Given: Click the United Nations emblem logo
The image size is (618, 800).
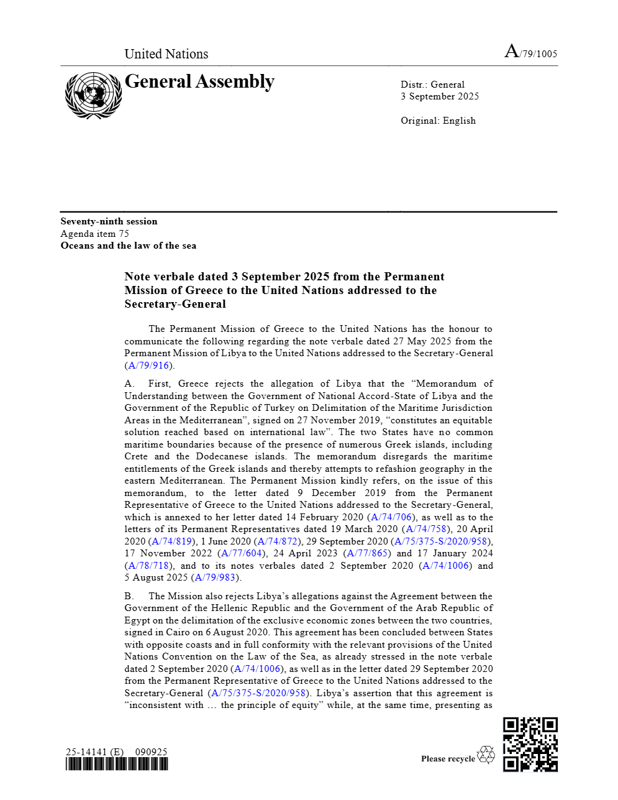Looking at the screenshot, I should (93, 95).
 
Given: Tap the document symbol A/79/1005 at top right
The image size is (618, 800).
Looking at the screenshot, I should (531, 52).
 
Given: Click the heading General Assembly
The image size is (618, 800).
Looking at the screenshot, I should (199, 82).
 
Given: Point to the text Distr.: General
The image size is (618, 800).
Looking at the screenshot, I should (432, 85).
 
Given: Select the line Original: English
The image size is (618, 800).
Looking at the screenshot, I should (438, 121).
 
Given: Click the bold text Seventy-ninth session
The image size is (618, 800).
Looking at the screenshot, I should (109, 221).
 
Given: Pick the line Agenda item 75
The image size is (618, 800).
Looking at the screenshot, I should (94, 234).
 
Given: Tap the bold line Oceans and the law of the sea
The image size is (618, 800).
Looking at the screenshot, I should (128, 246).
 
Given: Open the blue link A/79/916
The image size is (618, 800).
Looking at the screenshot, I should (148, 366).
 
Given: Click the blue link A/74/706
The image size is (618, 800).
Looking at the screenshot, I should (391, 517).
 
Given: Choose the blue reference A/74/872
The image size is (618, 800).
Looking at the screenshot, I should (277, 541).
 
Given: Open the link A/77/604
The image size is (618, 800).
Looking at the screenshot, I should (242, 553).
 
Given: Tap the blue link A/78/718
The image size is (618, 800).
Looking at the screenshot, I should (148, 566).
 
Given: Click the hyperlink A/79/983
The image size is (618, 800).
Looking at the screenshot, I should (215, 577).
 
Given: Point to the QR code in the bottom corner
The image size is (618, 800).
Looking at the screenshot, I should (530, 744).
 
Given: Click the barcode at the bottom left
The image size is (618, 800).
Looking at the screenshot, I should (117, 764).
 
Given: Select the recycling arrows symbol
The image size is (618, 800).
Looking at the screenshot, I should (486, 755).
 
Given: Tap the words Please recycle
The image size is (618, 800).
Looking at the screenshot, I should (447, 758).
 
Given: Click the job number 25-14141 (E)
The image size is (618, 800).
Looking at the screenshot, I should (94, 752).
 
